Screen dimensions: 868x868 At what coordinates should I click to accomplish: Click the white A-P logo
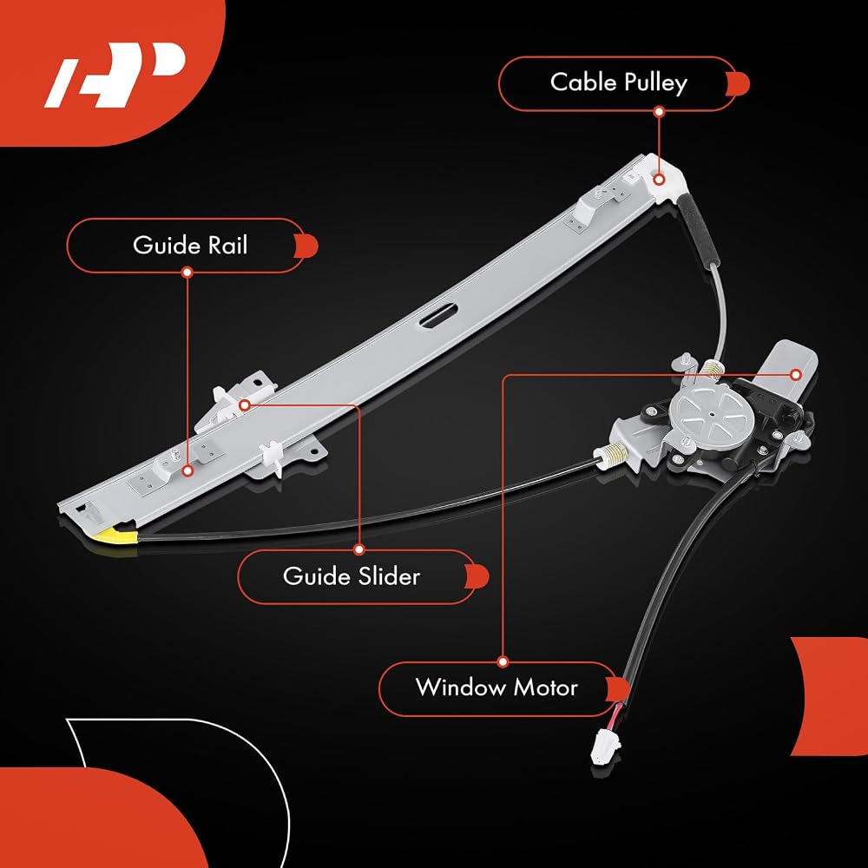tap(114, 75)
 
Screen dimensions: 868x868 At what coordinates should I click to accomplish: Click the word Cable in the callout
tap(583, 82)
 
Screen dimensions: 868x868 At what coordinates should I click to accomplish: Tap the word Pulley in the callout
tap(656, 83)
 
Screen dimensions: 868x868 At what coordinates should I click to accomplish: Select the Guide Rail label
tap(190, 246)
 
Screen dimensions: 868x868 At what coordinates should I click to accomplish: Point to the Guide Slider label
tap(352, 576)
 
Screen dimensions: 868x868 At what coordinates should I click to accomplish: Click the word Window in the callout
tap(461, 687)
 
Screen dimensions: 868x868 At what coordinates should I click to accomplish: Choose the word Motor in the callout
tap(546, 687)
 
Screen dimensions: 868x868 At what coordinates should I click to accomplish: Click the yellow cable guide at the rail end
tap(118, 536)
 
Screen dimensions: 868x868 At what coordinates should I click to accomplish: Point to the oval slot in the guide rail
tap(439, 315)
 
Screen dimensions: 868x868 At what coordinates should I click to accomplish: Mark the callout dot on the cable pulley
tap(659, 180)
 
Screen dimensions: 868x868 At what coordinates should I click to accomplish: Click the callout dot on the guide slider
tap(244, 405)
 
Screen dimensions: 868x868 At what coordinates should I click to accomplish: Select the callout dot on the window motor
tap(796, 375)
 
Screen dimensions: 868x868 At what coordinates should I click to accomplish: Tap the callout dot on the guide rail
tap(187, 471)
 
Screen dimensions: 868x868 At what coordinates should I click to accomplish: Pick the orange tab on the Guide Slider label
tap(477, 576)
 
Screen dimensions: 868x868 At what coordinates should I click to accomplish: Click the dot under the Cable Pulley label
tap(659, 111)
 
